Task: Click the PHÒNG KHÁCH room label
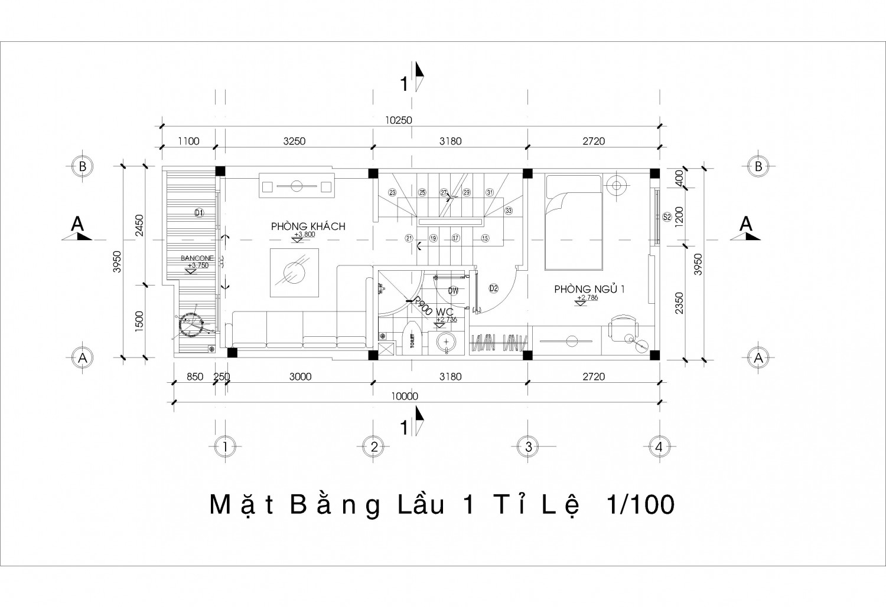(x=308, y=227)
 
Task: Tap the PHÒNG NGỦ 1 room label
(x=589, y=289)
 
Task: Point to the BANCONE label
(x=197, y=258)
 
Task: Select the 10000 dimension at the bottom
(x=404, y=396)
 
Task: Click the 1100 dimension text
(x=188, y=141)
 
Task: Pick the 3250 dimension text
(x=294, y=141)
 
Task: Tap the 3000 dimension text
(x=300, y=377)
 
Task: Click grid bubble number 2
(x=374, y=447)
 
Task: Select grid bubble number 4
(x=659, y=447)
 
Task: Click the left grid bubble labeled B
(x=83, y=166)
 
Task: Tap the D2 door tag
(x=494, y=288)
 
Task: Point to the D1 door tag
(x=198, y=212)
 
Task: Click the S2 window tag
(x=667, y=216)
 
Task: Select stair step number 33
(x=508, y=210)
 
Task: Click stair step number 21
(x=409, y=238)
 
